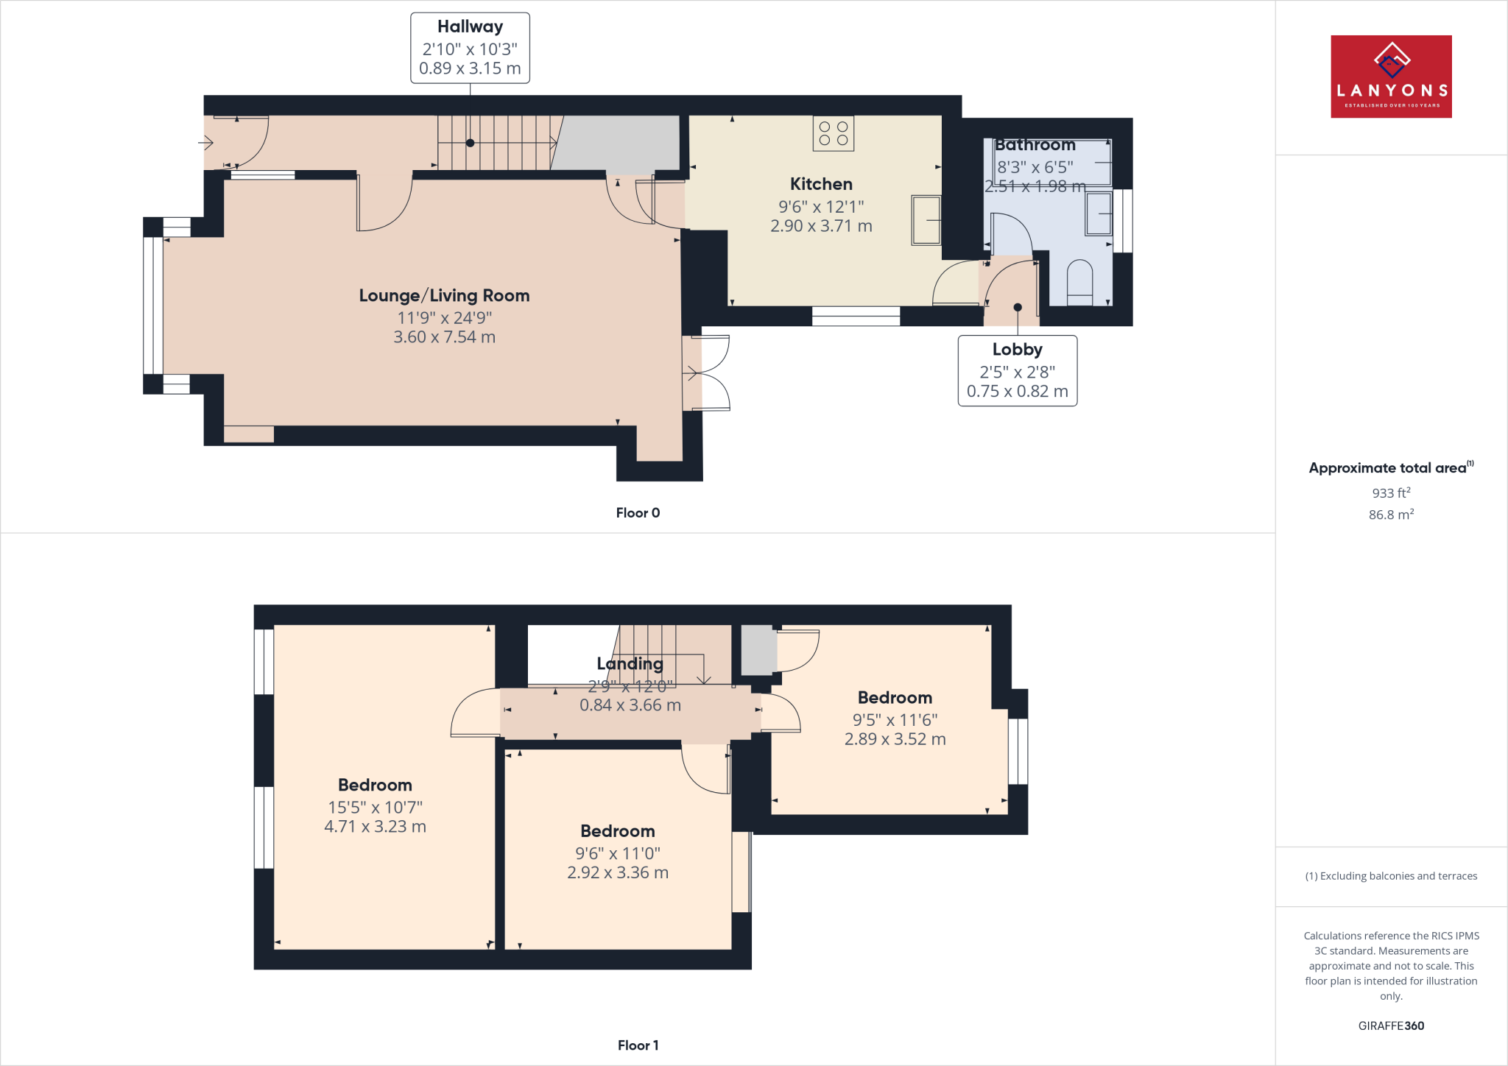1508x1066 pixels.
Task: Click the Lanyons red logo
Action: click(1391, 77)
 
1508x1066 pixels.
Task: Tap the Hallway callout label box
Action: click(470, 48)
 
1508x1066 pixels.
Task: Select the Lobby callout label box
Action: click(1017, 370)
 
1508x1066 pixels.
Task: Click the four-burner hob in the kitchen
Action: click(834, 133)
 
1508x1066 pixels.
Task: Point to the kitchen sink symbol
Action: click(926, 219)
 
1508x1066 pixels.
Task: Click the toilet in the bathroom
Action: click(1079, 283)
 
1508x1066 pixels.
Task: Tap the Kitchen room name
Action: click(821, 184)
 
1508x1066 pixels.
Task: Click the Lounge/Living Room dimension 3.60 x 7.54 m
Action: click(444, 337)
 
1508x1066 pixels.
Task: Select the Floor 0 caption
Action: click(638, 513)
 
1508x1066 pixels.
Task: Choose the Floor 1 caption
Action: click(638, 1045)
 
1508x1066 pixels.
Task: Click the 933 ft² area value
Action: click(1391, 493)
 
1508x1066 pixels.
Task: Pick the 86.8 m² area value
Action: click(1391, 515)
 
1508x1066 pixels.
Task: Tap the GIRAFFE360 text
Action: click(1391, 1026)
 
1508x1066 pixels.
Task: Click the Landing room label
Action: click(630, 664)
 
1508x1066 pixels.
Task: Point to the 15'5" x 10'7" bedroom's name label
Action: click(375, 785)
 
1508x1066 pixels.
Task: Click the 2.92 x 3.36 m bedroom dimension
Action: click(618, 873)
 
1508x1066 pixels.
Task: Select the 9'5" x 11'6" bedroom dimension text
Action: click(895, 720)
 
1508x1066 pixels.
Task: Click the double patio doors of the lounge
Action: click(705, 373)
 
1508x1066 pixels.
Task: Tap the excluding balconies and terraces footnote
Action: click(1391, 876)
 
